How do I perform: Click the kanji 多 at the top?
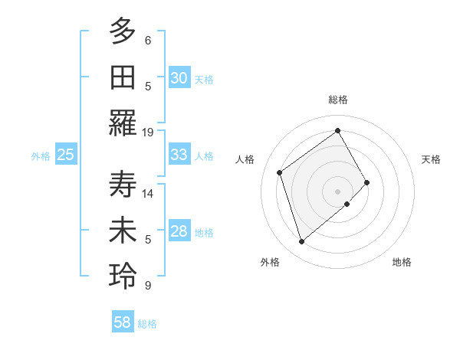tap(123, 31)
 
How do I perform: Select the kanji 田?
tap(123, 77)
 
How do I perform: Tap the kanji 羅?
tap(123, 123)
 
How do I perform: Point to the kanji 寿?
tap(123, 185)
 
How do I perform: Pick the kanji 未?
tap(123, 232)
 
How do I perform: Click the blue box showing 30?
tap(179, 78)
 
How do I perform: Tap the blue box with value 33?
tap(179, 155)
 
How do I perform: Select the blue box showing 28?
tap(179, 232)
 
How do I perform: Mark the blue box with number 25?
tap(66, 155)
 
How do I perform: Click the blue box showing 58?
tap(123, 322)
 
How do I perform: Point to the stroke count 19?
tap(148, 132)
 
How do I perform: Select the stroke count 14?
tap(148, 193)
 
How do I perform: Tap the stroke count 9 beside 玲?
tap(148, 286)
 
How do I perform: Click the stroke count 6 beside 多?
tap(148, 40)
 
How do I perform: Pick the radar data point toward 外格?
tap(301, 242)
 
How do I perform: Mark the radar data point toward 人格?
tap(280, 172)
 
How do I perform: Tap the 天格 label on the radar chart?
tap(431, 159)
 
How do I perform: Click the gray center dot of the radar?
tap(337, 190)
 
